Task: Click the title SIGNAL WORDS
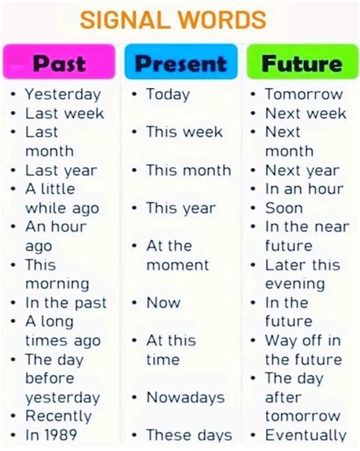[x=173, y=20]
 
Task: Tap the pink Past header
[x=59, y=64]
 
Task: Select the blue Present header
[x=180, y=64]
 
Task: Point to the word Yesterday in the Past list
[x=62, y=94]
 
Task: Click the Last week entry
[x=64, y=113]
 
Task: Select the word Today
[x=168, y=94]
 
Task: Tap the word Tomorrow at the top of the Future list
[x=304, y=94]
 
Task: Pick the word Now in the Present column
[x=163, y=303]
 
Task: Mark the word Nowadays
[x=185, y=397]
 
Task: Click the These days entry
[x=188, y=435]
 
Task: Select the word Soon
[x=285, y=208]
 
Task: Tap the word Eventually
[x=305, y=435]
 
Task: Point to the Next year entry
[x=302, y=170]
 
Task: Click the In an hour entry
[x=303, y=189]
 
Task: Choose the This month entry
[x=188, y=170]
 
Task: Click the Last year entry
[x=61, y=170]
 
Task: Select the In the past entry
[x=65, y=303]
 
